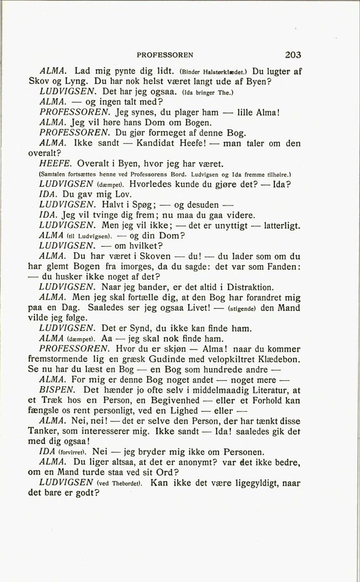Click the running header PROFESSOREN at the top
pyautogui.click(x=165, y=55)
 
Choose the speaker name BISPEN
pyautogui.click(x=57, y=390)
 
